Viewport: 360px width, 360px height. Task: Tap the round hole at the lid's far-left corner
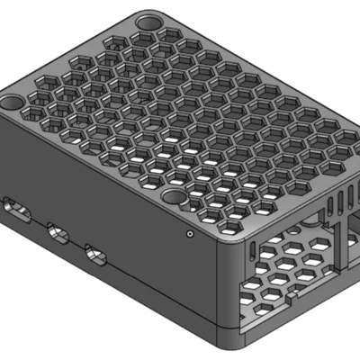click(x=13, y=103)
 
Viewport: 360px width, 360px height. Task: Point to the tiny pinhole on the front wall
click(x=190, y=233)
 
